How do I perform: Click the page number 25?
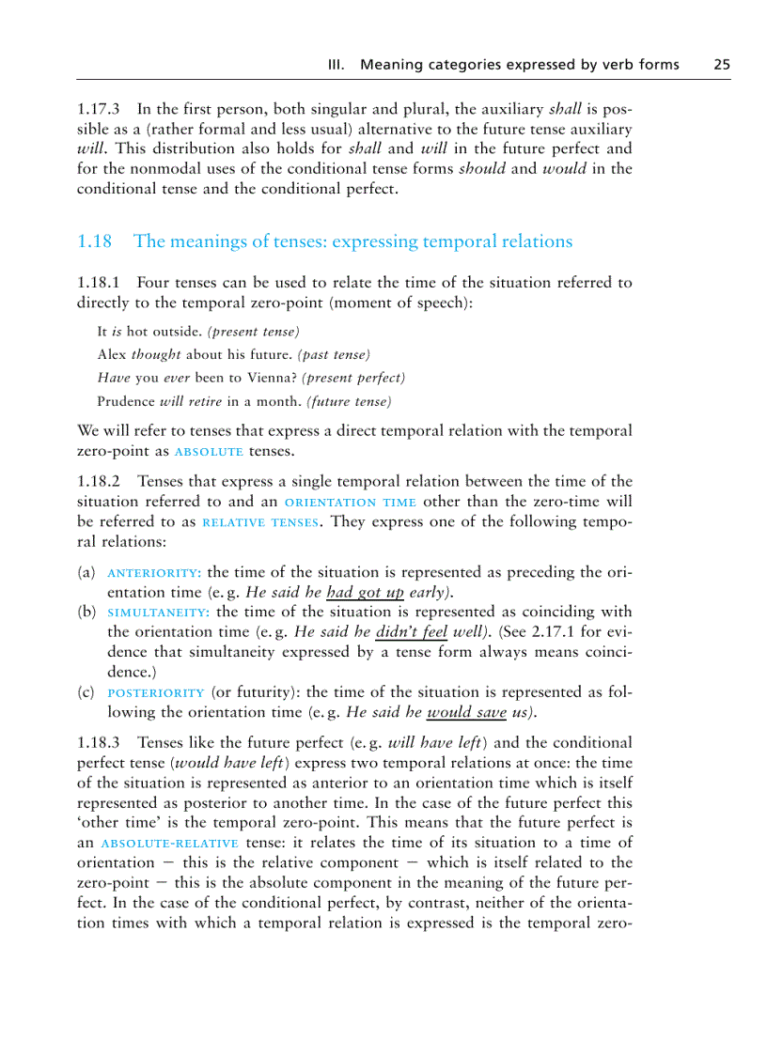click(x=721, y=65)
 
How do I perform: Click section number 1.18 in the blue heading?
click(x=94, y=241)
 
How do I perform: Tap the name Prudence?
click(x=127, y=401)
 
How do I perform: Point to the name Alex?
click(x=112, y=354)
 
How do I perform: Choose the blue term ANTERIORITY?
click(x=154, y=573)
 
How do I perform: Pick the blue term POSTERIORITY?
click(x=156, y=692)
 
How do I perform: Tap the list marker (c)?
click(x=86, y=692)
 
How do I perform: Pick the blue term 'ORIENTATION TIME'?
click(x=350, y=503)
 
